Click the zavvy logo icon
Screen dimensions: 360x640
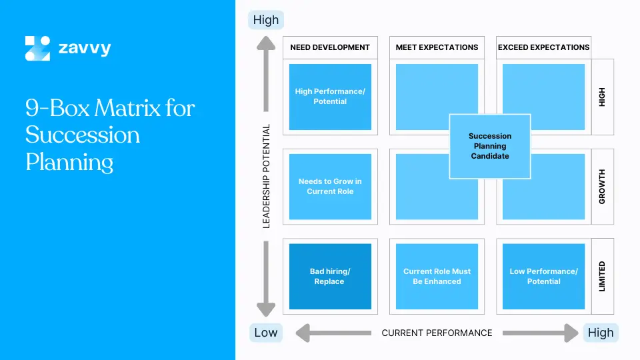[x=37, y=49]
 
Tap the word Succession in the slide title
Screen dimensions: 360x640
[x=83, y=135]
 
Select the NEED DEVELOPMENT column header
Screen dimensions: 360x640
[x=330, y=47]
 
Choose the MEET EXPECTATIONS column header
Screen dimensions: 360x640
[x=437, y=47]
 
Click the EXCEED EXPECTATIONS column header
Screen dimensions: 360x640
[x=543, y=47]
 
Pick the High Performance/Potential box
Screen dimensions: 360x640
[x=330, y=97]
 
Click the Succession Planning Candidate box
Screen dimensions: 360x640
[x=490, y=146]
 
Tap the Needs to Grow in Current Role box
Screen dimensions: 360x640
[x=330, y=187]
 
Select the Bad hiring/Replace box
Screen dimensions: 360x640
[x=330, y=277]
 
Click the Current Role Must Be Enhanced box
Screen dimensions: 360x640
[x=437, y=277]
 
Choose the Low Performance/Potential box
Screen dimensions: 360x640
[x=543, y=277]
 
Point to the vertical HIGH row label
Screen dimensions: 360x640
[x=603, y=97]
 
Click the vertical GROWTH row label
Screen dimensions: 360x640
[x=603, y=187]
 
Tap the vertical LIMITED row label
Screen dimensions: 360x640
[x=603, y=277]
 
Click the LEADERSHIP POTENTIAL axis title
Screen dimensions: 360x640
[x=267, y=177]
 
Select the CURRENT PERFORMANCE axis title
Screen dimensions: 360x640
[x=437, y=333]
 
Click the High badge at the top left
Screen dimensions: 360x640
[x=266, y=20]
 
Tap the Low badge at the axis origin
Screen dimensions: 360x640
[x=266, y=333]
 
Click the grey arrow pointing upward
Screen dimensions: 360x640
[x=266, y=73]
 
